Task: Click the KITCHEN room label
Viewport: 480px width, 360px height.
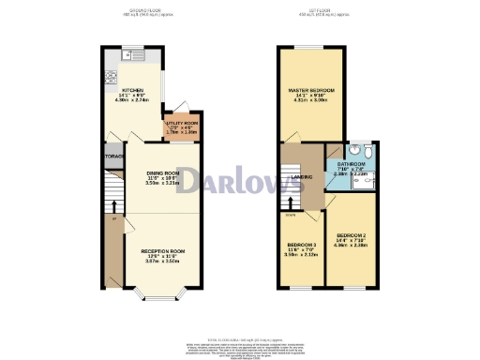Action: point(130,89)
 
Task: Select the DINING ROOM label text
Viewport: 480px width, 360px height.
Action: point(164,173)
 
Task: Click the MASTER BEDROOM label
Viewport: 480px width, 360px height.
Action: point(310,90)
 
